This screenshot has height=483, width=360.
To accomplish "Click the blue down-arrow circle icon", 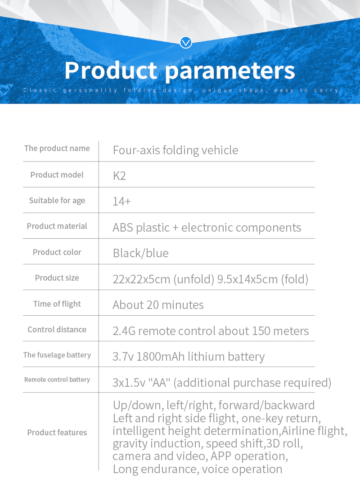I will point(186,43).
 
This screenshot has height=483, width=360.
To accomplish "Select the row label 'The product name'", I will point(57,148).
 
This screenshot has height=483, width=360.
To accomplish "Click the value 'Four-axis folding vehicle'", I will point(175,150).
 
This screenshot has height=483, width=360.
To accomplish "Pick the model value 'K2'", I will point(119,175).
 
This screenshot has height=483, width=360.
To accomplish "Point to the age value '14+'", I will point(121,201).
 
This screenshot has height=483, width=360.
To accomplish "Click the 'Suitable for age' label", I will point(57,201).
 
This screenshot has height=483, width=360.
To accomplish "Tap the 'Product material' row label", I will point(57,226).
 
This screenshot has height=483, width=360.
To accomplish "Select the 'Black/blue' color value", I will point(140,253).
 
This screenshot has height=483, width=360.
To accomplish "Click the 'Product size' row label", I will point(57,278).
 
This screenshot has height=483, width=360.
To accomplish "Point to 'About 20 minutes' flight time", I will point(158,305).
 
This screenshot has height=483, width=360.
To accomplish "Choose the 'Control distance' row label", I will point(57,330).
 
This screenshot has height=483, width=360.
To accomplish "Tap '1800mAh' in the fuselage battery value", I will point(157,357).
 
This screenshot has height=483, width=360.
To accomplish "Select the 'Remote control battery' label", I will point(57,380).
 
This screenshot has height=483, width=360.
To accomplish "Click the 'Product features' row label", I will point(57,433).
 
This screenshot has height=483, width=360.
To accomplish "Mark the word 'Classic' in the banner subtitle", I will point(38,90).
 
